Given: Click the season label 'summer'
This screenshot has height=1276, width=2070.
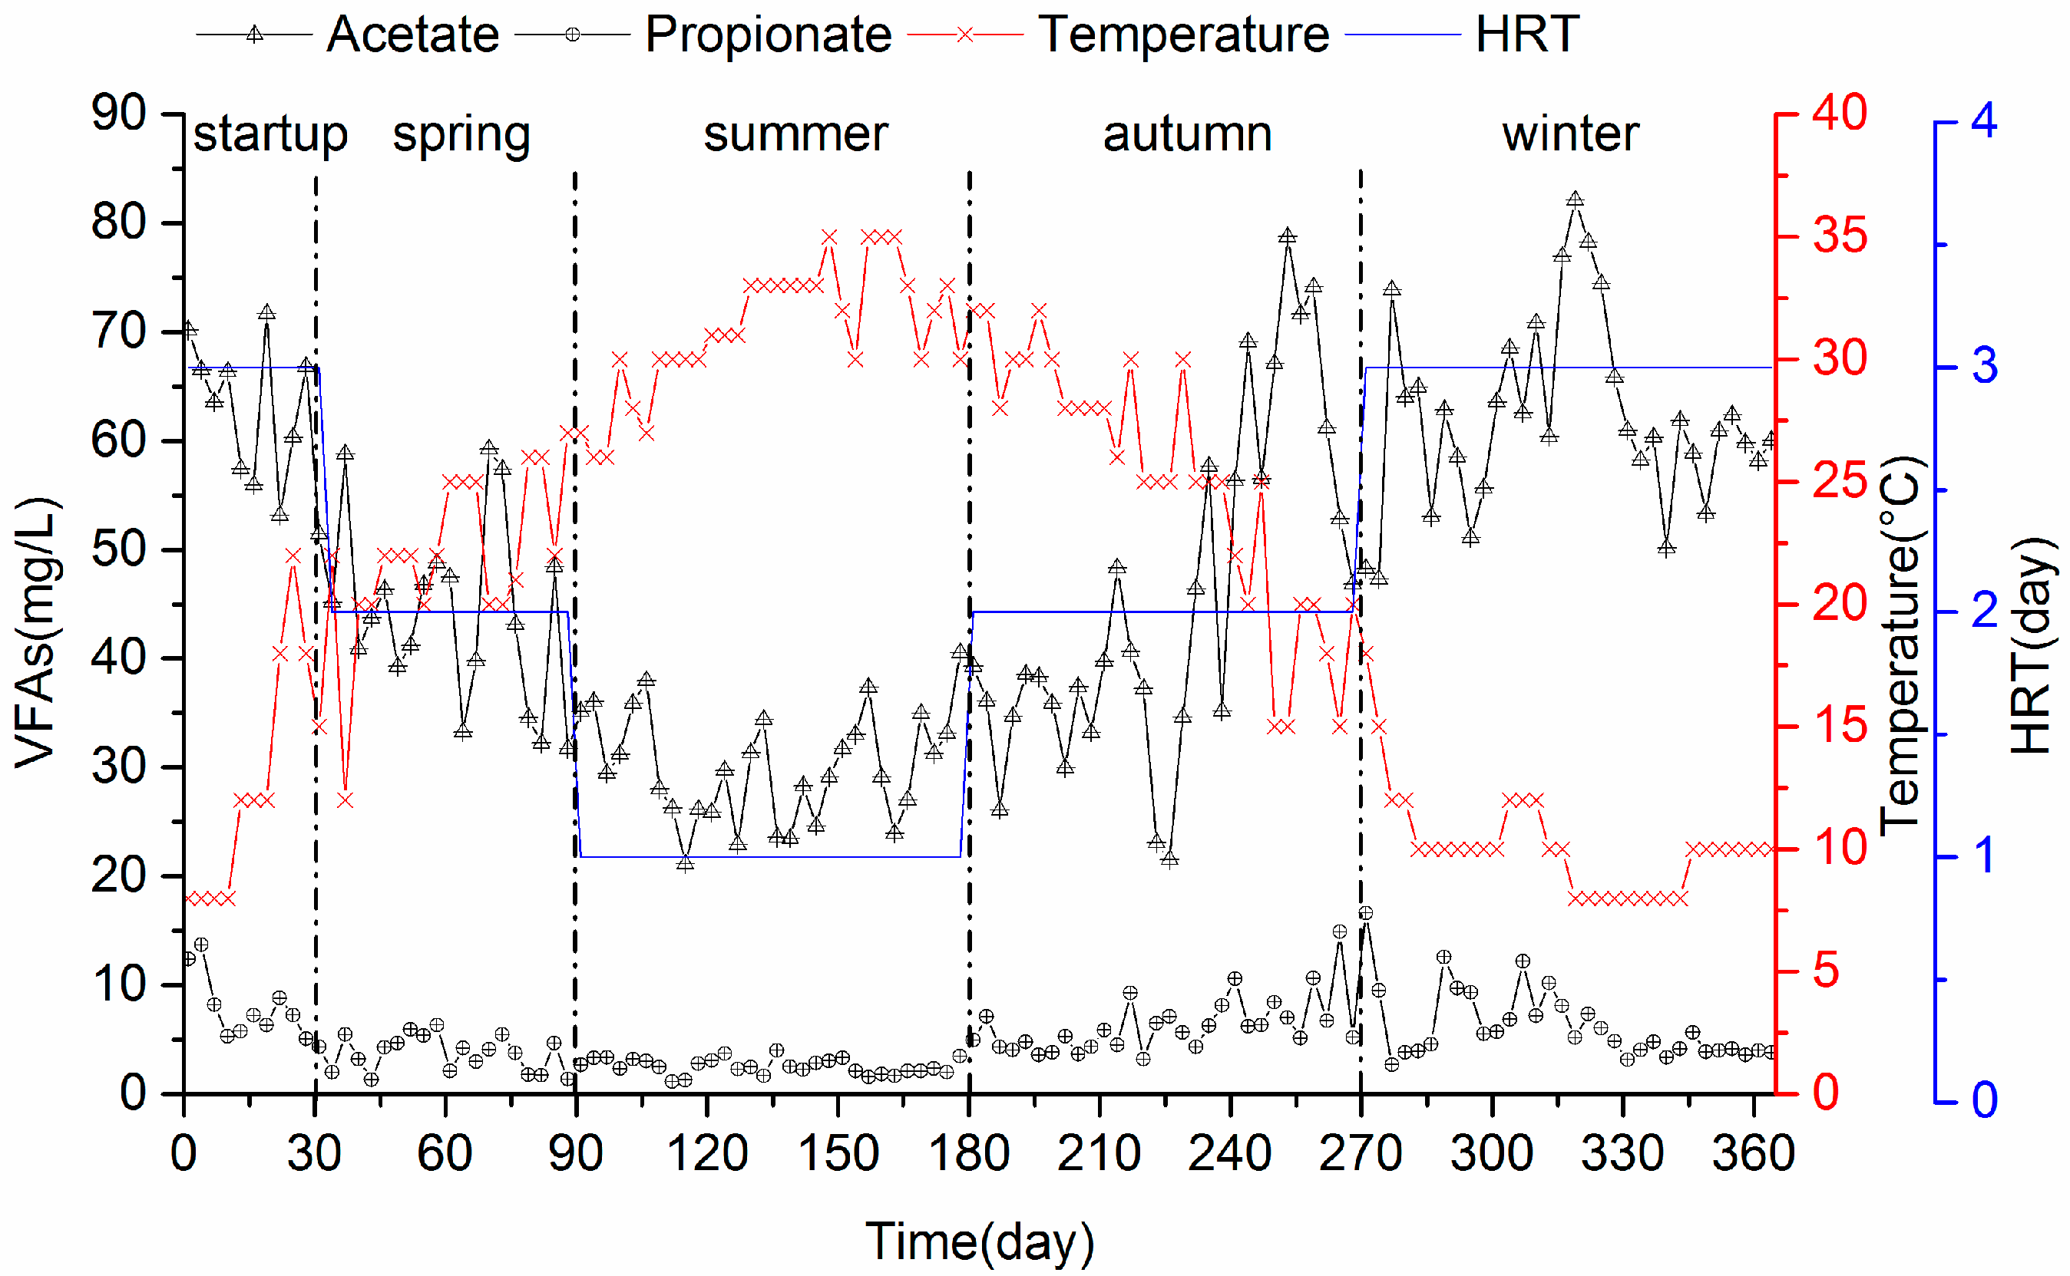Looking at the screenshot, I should click(x=795, y=134).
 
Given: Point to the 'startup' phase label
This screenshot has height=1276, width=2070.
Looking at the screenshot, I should click(x=270, y=135).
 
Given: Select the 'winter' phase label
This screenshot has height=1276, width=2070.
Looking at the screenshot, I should click(x=1570, y=134).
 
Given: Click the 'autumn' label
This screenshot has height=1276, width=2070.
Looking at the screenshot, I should click(x=1187, y=134).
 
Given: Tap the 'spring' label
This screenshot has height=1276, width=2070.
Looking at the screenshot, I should click(x=461, y=135).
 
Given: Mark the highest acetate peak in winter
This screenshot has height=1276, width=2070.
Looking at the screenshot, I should click(x=1576, y=200).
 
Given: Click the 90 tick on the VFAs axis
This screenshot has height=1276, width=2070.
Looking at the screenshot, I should click(x=119, y=113).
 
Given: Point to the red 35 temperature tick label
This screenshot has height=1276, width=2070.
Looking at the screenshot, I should click(x=1840, y=236).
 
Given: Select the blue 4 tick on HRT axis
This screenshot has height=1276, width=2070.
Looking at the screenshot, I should click(x=1984, y=121).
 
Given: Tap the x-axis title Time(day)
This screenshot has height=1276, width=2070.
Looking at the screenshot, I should click(x=979, y=1241).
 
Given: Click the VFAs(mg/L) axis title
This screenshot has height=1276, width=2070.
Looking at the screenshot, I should click(x=35, y=633).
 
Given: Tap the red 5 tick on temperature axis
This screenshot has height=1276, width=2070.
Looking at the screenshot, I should click(x=1826, y=971).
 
